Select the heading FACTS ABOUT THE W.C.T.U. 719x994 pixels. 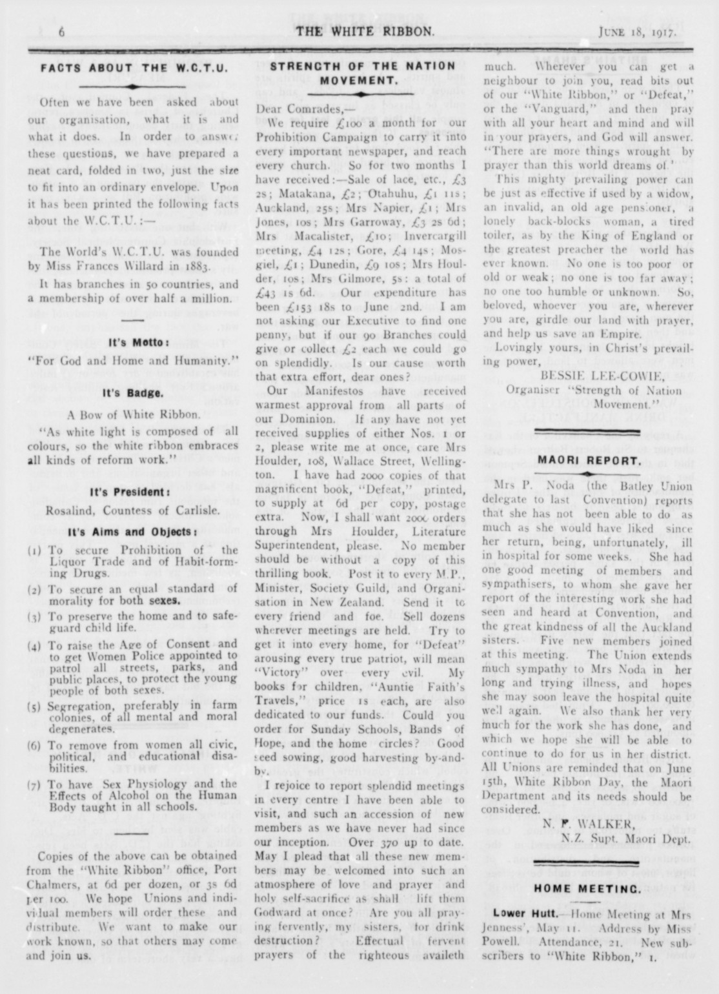(134, 67)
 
